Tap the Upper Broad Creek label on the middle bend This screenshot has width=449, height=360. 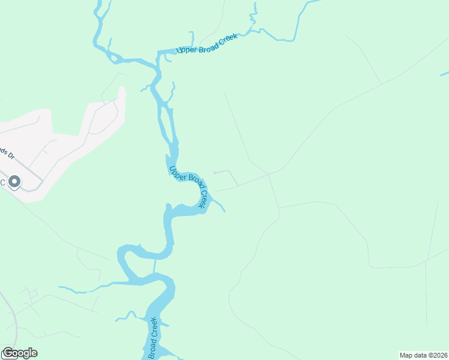pyautogui.click(x=191, y=185)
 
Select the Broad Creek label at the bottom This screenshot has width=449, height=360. pyautogui.click(x=153, y=342)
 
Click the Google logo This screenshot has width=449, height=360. pyautogui.click(x=20, y=353)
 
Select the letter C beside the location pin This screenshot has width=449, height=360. pyautogui.click(x=2, y=182)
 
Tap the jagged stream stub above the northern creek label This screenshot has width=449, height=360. pyautogui.click(x=255, y=15)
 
